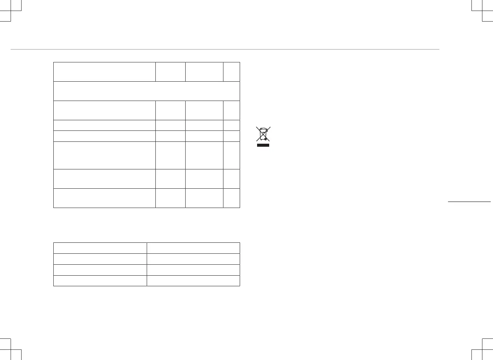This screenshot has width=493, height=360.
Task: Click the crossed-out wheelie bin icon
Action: pyautogui.click(x=263, y=134)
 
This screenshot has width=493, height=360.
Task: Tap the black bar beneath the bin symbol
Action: pyautogui.click(x=263, y=145)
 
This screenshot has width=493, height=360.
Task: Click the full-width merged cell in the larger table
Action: pyautogui.click(x=147, y=91)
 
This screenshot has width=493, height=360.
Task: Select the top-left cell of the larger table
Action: pyautogui.click(x=104, y=71)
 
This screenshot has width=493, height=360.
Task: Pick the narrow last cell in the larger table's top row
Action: pyautogui.click(x=231, y=71)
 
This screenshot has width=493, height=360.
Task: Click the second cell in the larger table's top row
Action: pyautogui.click(x=171, y=71)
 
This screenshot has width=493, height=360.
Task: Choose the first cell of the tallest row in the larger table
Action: pyautogui.click(x=104, y=155)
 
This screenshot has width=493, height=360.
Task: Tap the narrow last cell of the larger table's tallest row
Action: pyautogui.click(x=231, y=155)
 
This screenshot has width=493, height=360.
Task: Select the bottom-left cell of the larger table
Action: pyautogui.click(x=104, y=198)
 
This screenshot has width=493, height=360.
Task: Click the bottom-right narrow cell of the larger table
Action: pyautogui.click(x=231, y=198)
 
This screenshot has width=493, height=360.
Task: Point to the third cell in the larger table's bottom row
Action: pyautogui.click(x=204, y=198)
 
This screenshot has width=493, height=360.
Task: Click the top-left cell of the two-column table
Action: pyautogui.click(x=100, y=248)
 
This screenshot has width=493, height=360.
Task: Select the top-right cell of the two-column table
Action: pyautogui.click(x=193, y=248)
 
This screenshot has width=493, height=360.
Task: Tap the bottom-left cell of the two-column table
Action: pyautogui.click(x=100, y=281)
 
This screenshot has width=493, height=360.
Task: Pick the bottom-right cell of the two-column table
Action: pyautogui.click(x=193, y=281)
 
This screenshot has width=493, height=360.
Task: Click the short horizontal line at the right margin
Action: pyautogui.click(x=469, y=202)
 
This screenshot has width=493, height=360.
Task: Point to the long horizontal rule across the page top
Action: pyautogui.click(x=225, y=49)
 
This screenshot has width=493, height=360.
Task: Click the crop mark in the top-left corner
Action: pyautogui.click(x=11, y=11)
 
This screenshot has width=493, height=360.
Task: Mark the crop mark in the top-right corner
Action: pyautogui.click(x=482, y=11)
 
